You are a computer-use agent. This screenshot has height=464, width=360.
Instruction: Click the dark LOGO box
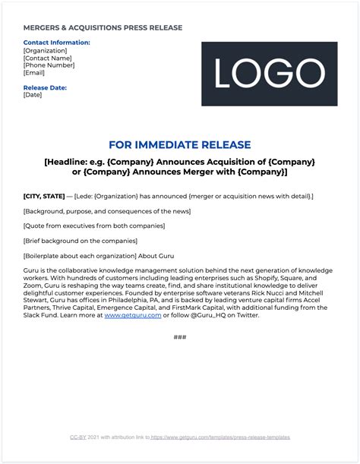pos(270,74)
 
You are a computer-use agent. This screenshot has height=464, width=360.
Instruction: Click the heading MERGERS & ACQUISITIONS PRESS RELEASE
pos(103,28)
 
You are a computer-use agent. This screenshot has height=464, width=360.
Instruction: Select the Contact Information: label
pos(56,43)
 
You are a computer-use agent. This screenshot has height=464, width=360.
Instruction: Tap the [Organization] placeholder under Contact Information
pos(45,50)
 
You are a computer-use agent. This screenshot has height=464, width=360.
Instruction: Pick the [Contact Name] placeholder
pos(48,58)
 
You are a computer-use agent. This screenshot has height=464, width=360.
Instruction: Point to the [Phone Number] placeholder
pos(49,65)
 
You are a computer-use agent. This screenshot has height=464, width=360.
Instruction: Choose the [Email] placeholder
pos(35,73)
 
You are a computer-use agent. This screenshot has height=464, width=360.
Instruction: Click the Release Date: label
pos(46,87)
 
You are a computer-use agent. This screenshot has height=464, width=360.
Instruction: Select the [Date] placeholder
pos(33,95)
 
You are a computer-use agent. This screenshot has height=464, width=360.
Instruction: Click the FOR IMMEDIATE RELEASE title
pos(180,144)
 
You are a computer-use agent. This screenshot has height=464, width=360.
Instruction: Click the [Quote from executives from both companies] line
pos(94,226)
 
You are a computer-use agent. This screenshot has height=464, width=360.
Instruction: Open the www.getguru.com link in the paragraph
pos(133,314)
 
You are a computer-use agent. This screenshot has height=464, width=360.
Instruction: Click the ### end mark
pos(180,336)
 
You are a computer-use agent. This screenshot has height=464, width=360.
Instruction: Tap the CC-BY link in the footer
pos(77,437)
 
